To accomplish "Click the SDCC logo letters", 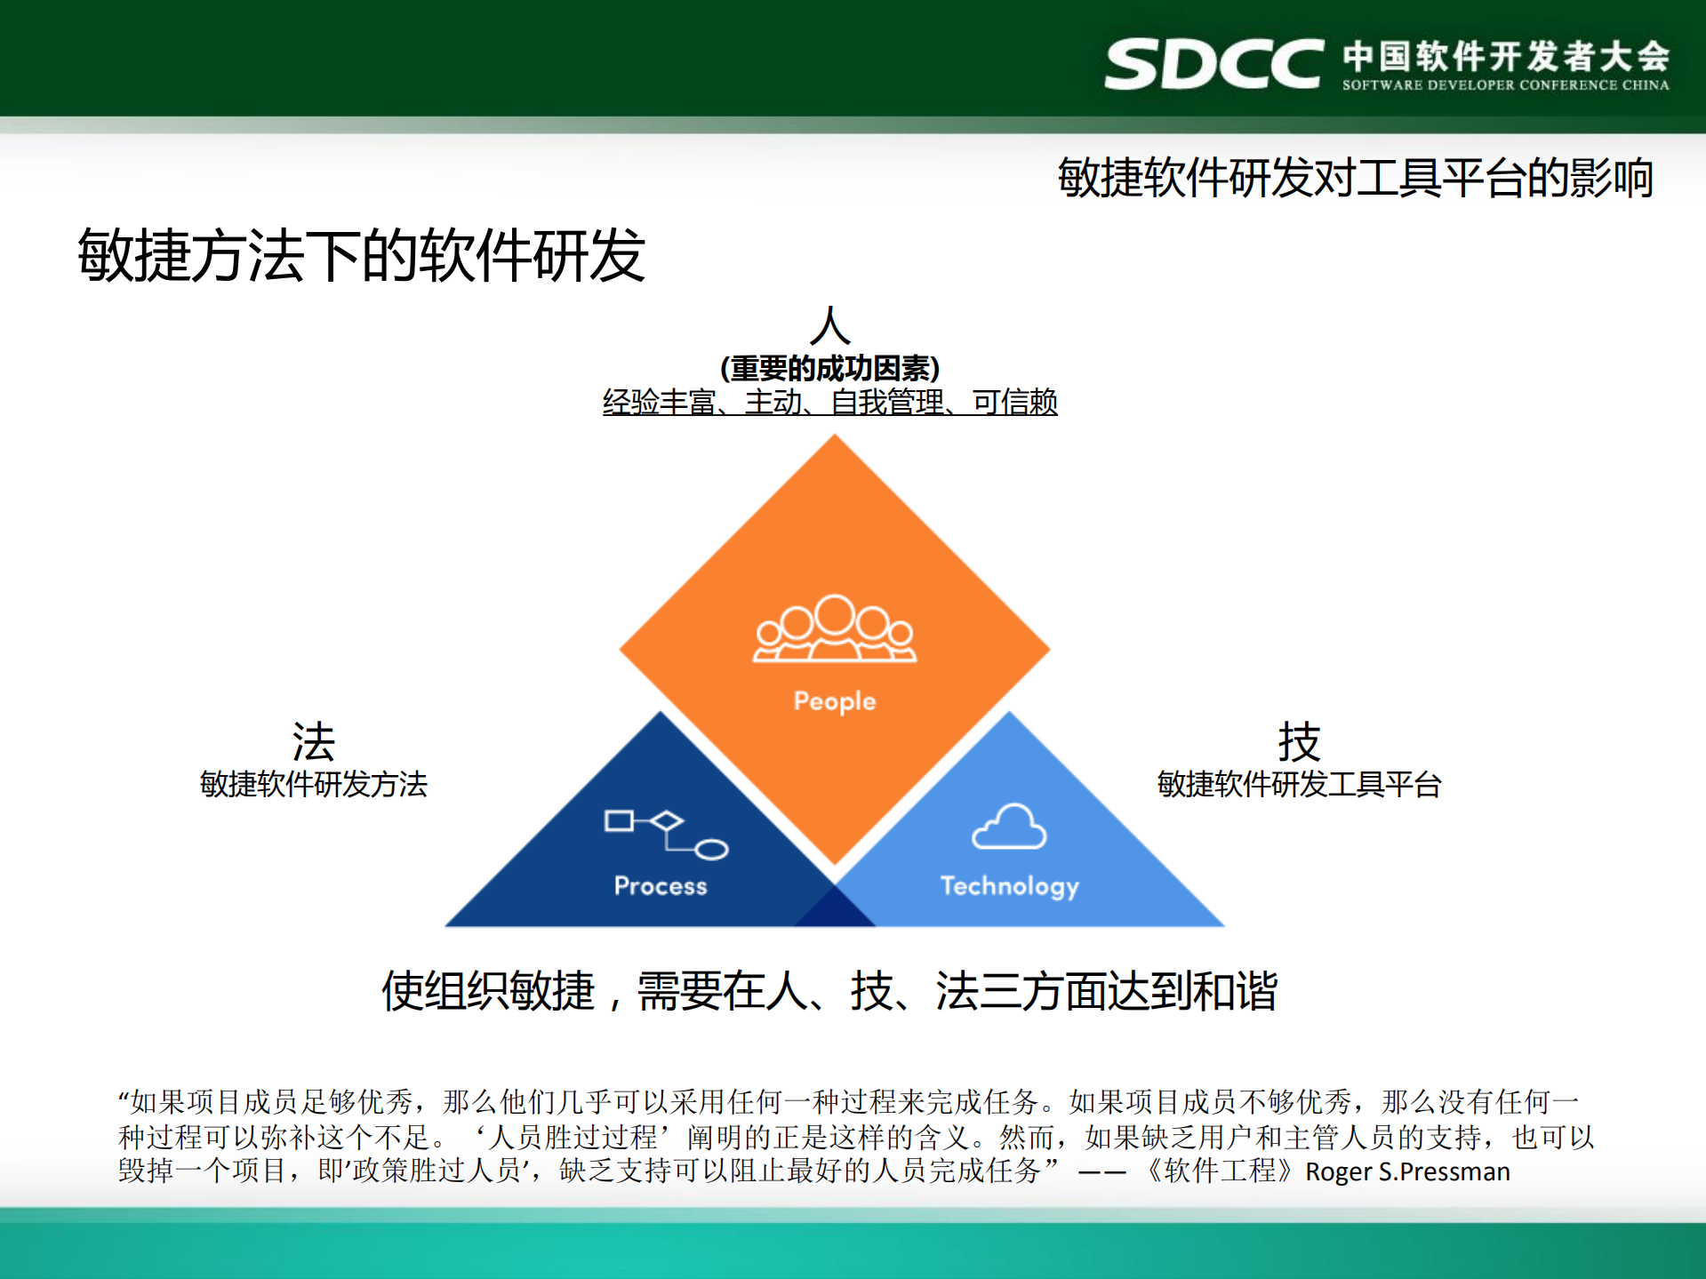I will (x=1213, y=64).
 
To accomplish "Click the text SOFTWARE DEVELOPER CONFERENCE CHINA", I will (x=1505, y=85).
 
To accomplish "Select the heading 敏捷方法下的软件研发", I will (x=361, y=255).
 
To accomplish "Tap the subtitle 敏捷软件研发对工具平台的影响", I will (x=1355, y=178).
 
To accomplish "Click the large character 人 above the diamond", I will (x=829, y=326).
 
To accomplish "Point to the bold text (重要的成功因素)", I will (x=829, y=368).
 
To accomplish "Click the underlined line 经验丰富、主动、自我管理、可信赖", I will (x=829, y=403).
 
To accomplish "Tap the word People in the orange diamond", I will (x=834, y=701).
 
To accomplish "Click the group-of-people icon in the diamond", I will (x=834, y=629).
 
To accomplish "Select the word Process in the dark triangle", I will (x=660, y=886).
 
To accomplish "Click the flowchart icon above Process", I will (x=666, y=834).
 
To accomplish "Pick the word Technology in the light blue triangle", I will (x=1009, y=886).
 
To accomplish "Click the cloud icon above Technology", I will (x=1009, y=827).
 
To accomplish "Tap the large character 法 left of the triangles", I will (x=313, y=741).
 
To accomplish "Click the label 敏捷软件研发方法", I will (x=313, y=785).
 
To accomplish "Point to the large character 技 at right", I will (x=1298, y=741).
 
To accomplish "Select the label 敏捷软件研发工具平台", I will (x=1298, y=785).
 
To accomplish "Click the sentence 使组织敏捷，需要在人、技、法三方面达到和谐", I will (x=829, y=991).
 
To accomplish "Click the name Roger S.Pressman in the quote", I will (x=1406, y=1171).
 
